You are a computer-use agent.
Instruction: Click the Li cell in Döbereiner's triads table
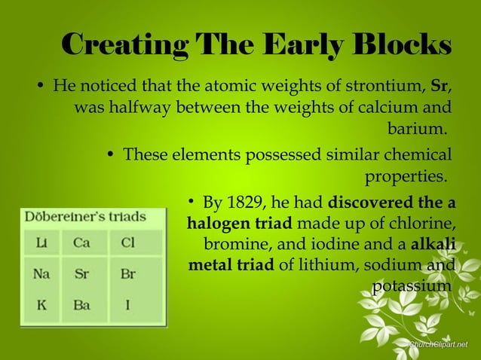point(41,244)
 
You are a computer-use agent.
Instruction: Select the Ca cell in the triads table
point(81,244)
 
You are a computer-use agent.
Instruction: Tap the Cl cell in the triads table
point(127,244)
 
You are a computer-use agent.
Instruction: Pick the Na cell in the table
point(41,275)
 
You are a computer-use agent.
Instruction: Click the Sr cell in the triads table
point(81,275)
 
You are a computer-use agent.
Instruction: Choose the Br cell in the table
point(127,275)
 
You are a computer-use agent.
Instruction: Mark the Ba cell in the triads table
point(81,307)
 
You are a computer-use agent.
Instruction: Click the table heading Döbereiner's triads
point(85,217)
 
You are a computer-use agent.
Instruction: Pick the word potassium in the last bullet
point(412,286)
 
